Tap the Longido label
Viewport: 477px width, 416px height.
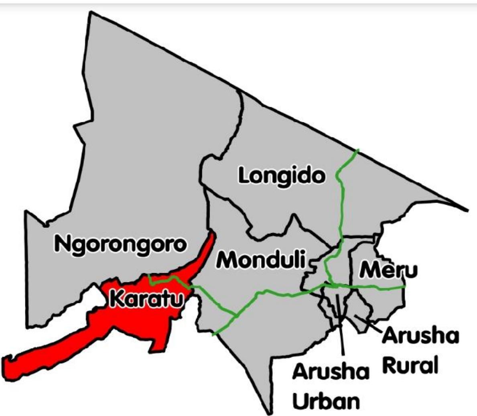(x=281, y=176)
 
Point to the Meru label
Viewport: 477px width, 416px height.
(x=388, y=270)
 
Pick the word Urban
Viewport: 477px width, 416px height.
(x=325, y=401)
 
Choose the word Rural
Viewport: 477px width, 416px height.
(x=409, y=365)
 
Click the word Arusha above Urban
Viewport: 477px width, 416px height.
(x=330, y=372)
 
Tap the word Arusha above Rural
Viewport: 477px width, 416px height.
(x=420, y=336)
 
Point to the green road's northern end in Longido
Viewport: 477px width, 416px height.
(x=357, y=150)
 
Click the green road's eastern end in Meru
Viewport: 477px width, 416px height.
(x=404, y=287)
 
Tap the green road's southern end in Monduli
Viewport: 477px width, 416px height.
(x=213, y=335)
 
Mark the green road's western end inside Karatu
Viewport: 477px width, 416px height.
(x=149, y=276)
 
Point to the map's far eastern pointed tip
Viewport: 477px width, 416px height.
(x=467, y=210)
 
